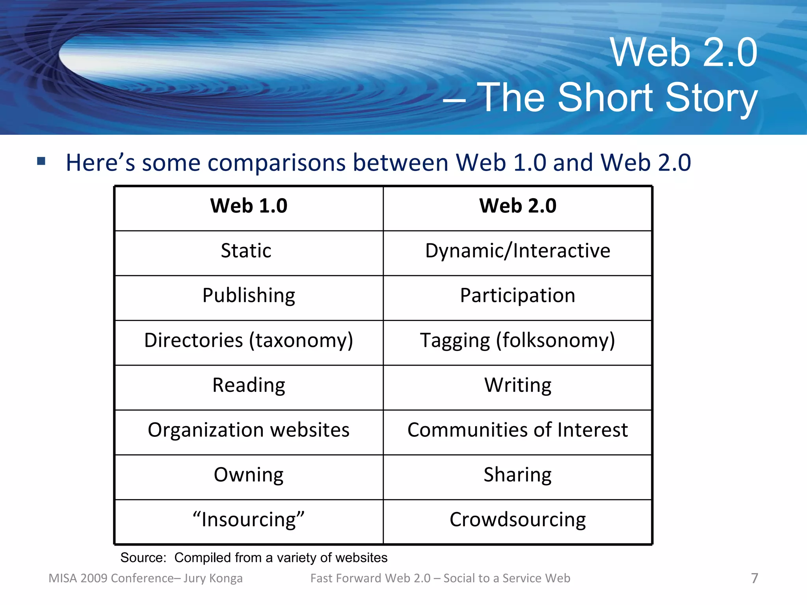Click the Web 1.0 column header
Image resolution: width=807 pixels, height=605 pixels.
249,206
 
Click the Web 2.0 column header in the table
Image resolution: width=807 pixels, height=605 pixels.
517,206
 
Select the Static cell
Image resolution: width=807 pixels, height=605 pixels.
246,251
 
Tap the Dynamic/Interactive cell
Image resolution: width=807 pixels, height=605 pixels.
517,251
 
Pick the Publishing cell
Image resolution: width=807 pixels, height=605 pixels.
249,296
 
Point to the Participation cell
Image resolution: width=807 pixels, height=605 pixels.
517,296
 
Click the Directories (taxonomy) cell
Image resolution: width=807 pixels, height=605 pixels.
249,341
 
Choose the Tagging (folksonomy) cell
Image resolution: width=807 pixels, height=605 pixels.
517,341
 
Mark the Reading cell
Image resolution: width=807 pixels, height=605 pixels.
249,386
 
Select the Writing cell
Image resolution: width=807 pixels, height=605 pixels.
517,386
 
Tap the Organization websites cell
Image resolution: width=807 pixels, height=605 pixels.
249,430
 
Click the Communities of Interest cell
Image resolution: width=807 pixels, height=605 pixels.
517,430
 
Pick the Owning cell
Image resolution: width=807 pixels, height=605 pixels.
249,475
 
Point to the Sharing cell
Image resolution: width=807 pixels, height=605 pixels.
517,475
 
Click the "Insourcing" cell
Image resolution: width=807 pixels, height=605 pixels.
249,520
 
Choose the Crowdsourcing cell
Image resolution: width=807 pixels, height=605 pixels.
517,520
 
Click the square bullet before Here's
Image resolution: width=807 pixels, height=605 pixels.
41,161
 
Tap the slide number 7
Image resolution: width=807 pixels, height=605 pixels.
754,578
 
